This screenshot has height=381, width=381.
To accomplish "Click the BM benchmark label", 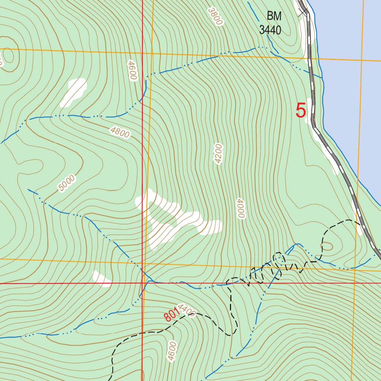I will (275, 16).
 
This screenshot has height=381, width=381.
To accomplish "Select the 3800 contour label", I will (215, 16).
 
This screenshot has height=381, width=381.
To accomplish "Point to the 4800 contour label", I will (120, 132).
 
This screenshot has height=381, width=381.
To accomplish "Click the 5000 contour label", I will (67, 183).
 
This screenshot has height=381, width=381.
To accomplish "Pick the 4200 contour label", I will (218, 153).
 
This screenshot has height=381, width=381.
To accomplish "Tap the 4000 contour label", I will (240, 208).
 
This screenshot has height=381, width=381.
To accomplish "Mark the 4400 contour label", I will (186, 310).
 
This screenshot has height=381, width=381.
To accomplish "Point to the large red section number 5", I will (301, 111).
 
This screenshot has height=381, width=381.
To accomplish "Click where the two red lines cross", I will (142, 283).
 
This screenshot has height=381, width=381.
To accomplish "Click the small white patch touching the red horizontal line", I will (102, 279).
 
